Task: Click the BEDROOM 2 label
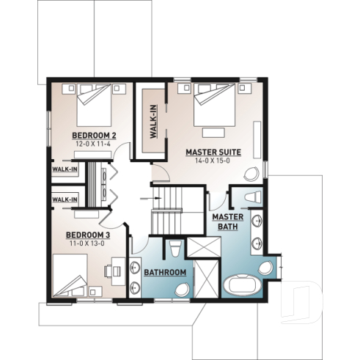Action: pos(94,136)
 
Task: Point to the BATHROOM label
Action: pos(164,273)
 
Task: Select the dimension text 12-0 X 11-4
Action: pos(94,144)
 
